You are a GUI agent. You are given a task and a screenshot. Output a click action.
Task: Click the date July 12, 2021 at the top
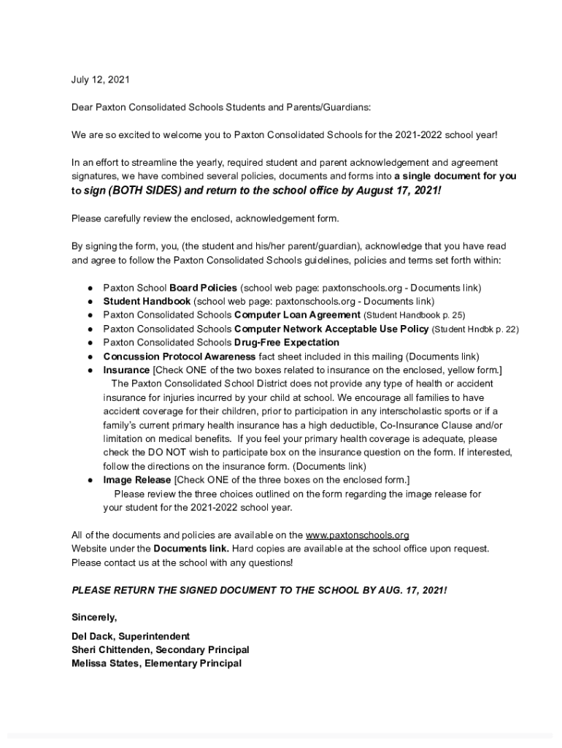(x=100, y=79)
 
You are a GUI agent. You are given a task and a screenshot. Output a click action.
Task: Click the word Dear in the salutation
(x=82, y=107)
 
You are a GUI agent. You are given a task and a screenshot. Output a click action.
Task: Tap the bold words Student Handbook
(x=147, y=301)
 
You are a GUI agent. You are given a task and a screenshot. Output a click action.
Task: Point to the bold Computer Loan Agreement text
(x=297, y=315)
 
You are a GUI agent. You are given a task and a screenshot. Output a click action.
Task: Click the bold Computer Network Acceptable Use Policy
(x=332, y=329)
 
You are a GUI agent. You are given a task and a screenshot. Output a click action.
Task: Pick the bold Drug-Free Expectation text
(x=287, y=343)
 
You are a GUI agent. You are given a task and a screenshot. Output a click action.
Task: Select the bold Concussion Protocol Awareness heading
(x=179, y=356)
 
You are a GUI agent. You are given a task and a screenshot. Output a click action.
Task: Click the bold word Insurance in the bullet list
(x=126, y=370)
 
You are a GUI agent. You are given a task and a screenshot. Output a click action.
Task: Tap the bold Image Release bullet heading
(x=136, y=480)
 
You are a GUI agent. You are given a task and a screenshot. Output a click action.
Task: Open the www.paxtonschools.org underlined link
(x=357, y=535)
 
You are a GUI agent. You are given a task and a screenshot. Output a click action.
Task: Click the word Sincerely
(x=94, y=617)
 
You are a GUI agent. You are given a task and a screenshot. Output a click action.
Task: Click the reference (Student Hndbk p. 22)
(x=475, y=329)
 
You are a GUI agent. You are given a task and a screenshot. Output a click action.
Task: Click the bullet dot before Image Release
(x=88, y=481)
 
